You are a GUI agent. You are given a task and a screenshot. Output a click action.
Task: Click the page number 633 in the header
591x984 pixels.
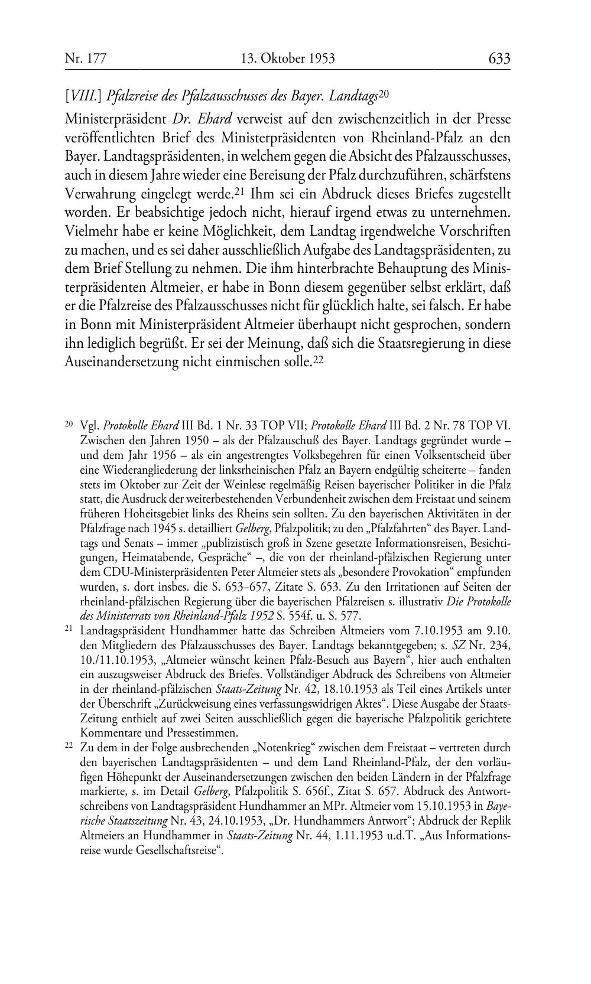click(499, 58)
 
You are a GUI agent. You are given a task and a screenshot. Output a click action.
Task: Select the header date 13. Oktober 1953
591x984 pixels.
click(288, 58)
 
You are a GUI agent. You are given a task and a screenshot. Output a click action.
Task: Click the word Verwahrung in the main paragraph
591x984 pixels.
click(101, 194)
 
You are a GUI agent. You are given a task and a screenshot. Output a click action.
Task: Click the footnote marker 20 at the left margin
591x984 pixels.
click(69, 423)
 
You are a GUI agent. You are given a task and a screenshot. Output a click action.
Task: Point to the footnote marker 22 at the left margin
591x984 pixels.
click(69, 746)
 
